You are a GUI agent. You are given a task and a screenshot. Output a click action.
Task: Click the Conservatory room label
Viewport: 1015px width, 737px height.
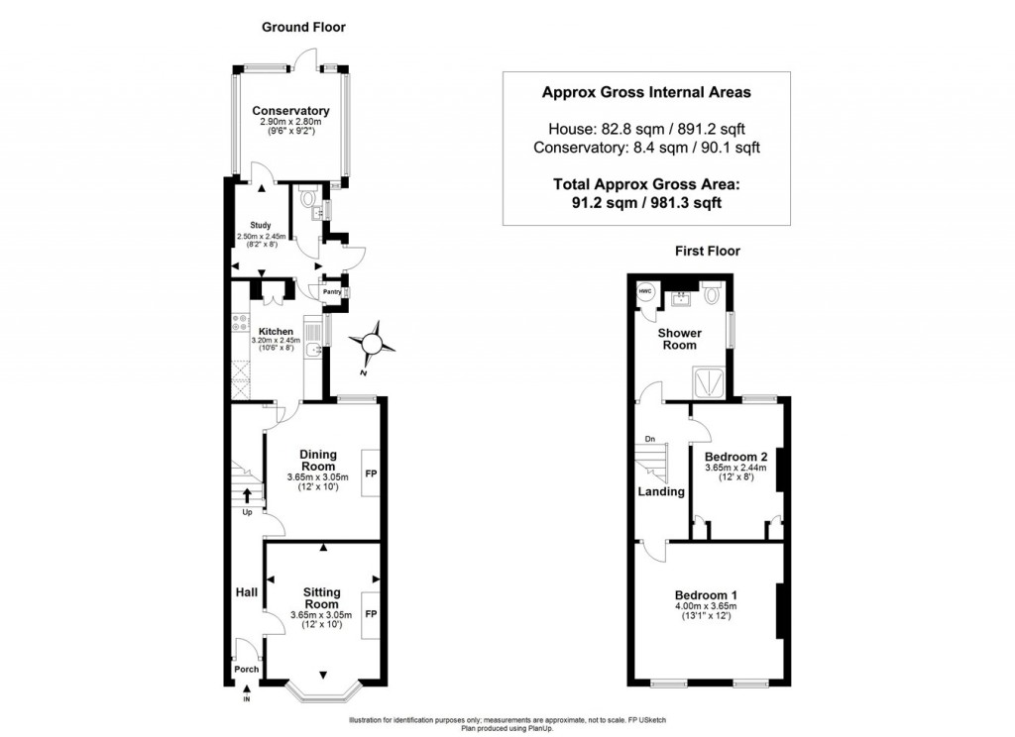pyautogui.click(x=290, y=110)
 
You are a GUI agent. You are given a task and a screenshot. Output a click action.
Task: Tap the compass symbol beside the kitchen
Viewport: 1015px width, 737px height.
pyautogui.click(x=373, y=344)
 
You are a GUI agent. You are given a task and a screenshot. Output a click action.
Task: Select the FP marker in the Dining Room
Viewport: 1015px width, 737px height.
pyautogui.click(x=371, y=474)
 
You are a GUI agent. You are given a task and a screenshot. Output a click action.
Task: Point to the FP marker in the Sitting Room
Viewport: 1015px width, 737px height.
pyautogui.click(x=371, y=613)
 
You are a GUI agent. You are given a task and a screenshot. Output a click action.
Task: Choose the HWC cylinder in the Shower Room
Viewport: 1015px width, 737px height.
pyautogui.click(x=645, y=291)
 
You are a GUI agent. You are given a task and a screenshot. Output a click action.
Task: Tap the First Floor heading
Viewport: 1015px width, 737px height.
pyautogui.click(x=708, y=251)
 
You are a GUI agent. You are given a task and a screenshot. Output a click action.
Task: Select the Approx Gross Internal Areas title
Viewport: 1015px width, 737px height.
pyautogui.click(x=646, y=92)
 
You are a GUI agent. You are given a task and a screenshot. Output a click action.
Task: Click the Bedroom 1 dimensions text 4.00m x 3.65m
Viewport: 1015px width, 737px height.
pyautogui.click(x=706, y=606)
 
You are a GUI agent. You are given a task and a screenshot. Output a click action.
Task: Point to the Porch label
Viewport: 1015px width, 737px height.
pyautogui.click(x=246, y=669)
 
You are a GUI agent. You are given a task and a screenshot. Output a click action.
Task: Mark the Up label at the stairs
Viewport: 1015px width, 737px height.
pyautogui.click(x=247, y=512)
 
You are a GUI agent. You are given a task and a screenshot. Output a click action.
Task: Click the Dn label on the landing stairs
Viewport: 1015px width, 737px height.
pyautogui.click(x=650, y=439)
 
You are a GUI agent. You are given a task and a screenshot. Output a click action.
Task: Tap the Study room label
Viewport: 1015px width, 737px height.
pyautogui.click(x=261, y=226)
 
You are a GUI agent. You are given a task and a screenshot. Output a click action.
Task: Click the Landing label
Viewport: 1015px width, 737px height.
pyautogui.click(x=661, y=491)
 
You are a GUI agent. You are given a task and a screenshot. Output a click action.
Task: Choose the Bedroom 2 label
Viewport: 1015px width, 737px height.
pyautogui.click(x=736, y=456)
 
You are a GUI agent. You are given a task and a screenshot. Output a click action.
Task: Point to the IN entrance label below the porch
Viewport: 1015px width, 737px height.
pyautogui.click(x=247, y=700)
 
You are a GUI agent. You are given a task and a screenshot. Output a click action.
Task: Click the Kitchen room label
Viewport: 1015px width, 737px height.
pyautogui.click(x=276, y=331)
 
